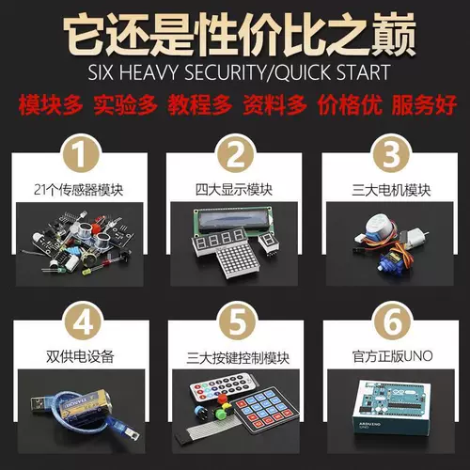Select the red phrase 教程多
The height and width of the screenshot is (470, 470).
coord(197,104)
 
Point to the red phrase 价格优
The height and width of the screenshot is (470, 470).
coord(348,104)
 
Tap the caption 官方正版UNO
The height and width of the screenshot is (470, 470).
coord(389,356)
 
